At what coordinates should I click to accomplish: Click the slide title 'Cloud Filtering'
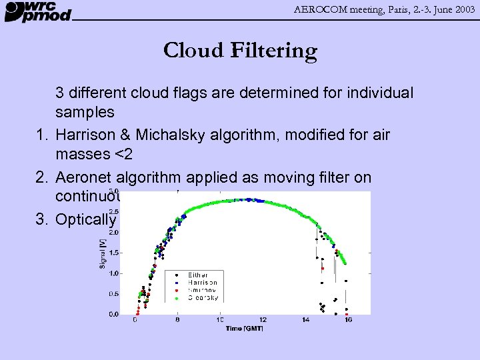click(240, 51)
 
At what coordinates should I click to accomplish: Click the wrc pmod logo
click(38, 11)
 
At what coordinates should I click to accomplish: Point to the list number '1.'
click(43, 135)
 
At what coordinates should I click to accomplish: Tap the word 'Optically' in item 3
click(86, 219)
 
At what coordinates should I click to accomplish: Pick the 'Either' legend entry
click(198, 275)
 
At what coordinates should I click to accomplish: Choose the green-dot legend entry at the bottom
click(203, 298)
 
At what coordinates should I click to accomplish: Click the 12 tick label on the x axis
click(263, 321)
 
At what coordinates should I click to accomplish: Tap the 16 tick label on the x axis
click(348, 321)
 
